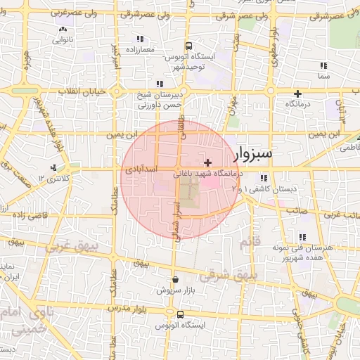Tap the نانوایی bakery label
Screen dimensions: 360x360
tap(63, 40)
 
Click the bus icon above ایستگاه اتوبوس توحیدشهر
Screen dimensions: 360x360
tap(187, 44)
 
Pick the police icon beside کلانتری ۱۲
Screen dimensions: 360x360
tap(53, 167)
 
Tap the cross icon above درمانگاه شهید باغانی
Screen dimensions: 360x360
tap(207, 162)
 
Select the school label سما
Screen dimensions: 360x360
tap(323, 75)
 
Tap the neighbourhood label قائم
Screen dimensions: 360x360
tap(250, 243)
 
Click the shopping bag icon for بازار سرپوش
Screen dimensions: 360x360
tap(175, 279)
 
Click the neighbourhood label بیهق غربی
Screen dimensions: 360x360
tap(70, 247)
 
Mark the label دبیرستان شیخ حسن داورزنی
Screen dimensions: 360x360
tap(159, 99)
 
